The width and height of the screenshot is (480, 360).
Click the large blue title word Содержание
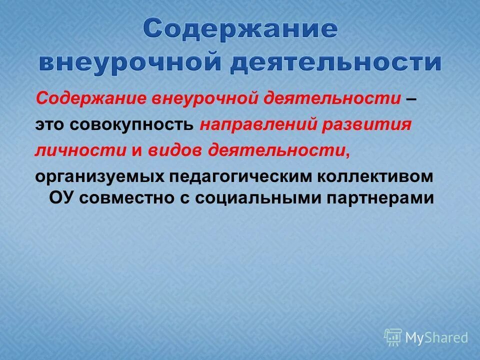click(240, 30)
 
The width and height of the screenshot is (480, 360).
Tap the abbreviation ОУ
click(61, 197)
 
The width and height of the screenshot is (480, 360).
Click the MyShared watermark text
click(436, 337)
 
